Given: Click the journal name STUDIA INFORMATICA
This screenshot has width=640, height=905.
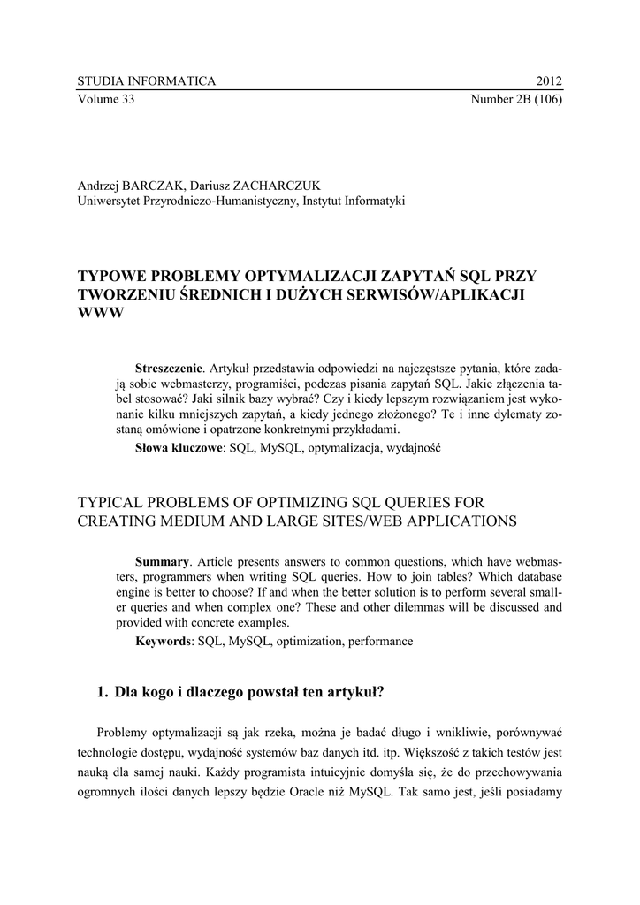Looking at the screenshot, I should (147, 81).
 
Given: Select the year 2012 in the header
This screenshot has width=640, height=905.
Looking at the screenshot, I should (549, 81).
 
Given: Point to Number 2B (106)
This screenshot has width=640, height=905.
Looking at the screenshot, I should (516, 98).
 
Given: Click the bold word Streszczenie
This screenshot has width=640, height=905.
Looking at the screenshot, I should (169, 367).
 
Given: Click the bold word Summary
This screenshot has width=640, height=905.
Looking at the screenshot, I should (163, 562).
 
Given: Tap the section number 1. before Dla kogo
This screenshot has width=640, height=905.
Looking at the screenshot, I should (103, 692).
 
